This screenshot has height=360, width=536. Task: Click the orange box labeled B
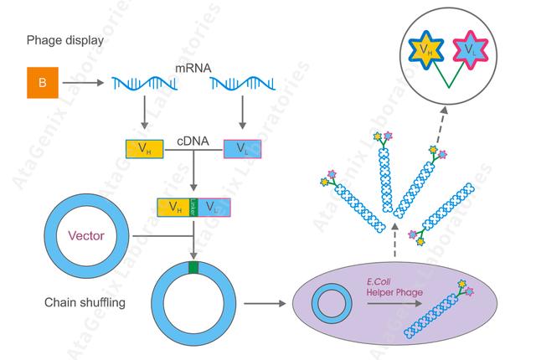[42, 83]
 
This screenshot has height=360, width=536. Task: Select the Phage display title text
[59, 39]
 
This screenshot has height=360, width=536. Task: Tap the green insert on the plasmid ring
[193, 268]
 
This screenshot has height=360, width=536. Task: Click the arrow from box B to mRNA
[88, 83]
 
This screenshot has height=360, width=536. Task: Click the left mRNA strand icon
[156, 83]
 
